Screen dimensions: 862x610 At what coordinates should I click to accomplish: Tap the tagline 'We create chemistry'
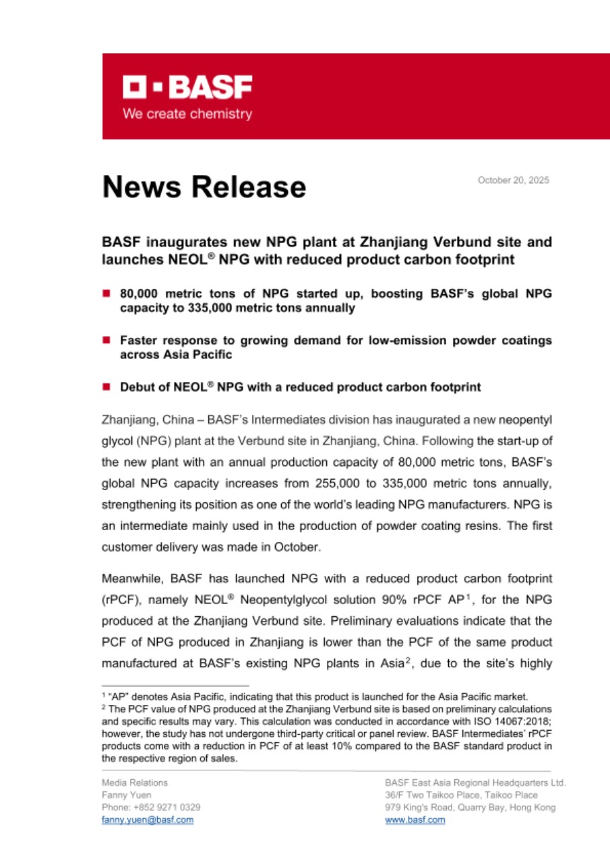click(187, 114)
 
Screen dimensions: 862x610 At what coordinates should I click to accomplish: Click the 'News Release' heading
click(204, 187)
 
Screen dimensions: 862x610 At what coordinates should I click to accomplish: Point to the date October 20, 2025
click(513, 180)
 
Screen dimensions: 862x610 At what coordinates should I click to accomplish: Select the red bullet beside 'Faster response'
click(106, 341)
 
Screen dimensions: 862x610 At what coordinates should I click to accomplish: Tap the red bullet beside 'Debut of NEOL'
click(106, 387)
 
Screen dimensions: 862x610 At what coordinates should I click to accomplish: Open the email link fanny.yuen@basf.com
click(147, 820)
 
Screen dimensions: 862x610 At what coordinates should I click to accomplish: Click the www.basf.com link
click(415, 820)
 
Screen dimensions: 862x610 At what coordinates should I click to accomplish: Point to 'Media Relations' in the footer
click(134, 783)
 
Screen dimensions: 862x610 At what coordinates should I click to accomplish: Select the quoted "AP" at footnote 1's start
click(115, 696)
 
